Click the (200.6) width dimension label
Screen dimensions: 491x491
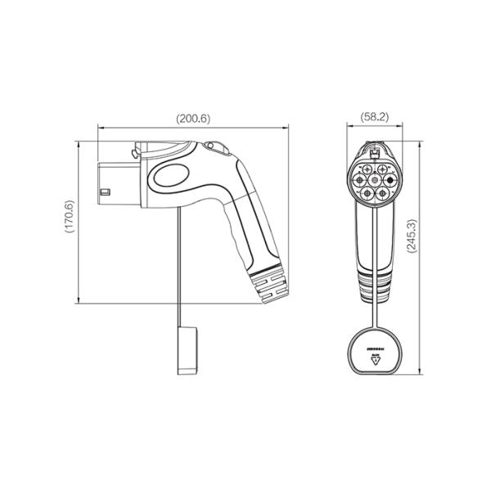pos(194,118)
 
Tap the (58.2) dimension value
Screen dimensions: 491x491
pos(374,118)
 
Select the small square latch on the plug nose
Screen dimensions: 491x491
pos(105,193)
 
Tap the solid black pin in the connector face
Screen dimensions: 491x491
pos(390,181)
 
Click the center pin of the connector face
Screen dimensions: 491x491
pos(374,181)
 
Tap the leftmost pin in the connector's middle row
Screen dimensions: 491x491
pos(358,181)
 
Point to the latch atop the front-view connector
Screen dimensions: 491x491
pos(374,152)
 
